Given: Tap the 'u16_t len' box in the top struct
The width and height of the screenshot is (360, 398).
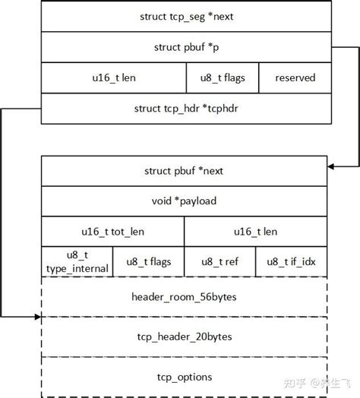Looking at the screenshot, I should [114, 77].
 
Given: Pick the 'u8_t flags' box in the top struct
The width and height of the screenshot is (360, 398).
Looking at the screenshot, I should [223, 77].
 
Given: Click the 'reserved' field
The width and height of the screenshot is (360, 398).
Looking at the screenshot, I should [295, 77].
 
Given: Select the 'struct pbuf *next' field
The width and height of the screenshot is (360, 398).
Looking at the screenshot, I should [184, 171].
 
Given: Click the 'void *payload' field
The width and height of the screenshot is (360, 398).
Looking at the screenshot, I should [184, 201].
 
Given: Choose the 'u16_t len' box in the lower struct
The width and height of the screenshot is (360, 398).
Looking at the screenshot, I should [255, 231].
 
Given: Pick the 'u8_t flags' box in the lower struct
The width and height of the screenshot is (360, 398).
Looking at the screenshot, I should [148, 261].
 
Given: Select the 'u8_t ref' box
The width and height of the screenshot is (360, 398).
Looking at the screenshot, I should [219, 261].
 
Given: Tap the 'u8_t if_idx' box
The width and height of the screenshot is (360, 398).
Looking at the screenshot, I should [291, 261].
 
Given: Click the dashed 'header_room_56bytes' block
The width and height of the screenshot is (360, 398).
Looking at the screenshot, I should [184, 296].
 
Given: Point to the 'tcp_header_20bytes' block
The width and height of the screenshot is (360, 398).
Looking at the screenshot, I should [184, 336].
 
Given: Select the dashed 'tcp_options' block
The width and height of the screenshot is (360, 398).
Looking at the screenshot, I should [184, 376].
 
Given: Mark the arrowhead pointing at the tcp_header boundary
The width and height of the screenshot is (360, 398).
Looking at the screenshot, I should [36, 315].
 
